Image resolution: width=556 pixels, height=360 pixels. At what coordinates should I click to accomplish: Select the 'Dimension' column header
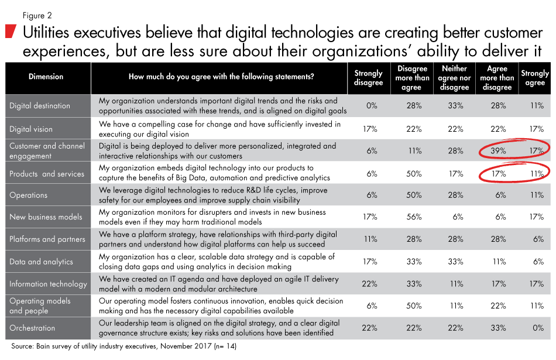[46, 77]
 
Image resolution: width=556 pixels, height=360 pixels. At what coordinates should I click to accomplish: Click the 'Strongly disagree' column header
[368, 78]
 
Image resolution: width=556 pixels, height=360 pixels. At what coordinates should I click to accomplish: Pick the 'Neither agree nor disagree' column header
[455, 78]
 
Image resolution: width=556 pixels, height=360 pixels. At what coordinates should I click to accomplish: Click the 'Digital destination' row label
[40, 106]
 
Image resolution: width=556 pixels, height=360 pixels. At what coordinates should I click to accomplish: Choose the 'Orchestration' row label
[32, 328]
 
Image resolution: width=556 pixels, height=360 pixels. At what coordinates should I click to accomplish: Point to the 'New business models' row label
[46, 217]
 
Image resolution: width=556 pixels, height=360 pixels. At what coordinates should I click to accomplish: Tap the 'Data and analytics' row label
[41, 262]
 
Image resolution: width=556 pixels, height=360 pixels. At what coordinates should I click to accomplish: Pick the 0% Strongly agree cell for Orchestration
[535, 328]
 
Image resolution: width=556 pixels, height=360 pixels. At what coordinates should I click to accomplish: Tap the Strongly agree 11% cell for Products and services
[535, 173]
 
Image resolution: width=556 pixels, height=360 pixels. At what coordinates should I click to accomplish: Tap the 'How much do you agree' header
[221, 77]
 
